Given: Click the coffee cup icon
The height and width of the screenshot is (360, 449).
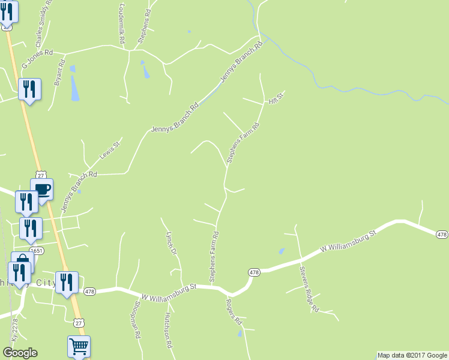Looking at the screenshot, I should point(42,190).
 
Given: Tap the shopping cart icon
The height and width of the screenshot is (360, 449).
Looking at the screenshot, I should point(79,346).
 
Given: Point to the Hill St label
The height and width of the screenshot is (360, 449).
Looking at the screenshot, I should point(276,98).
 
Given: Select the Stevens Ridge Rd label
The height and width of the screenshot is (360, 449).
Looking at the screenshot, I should point(310,289).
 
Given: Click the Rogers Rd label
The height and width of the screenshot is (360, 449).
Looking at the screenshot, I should point(234,310).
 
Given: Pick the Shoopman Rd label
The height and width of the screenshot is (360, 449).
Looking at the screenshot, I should point(135,325).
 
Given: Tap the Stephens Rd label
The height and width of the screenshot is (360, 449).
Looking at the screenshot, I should point(144,26).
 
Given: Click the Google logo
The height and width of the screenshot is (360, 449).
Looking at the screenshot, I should point(20,353).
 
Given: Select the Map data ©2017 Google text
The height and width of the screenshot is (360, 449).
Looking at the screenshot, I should point(412,355).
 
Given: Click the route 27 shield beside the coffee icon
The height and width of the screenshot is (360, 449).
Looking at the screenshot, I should point(40,175).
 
